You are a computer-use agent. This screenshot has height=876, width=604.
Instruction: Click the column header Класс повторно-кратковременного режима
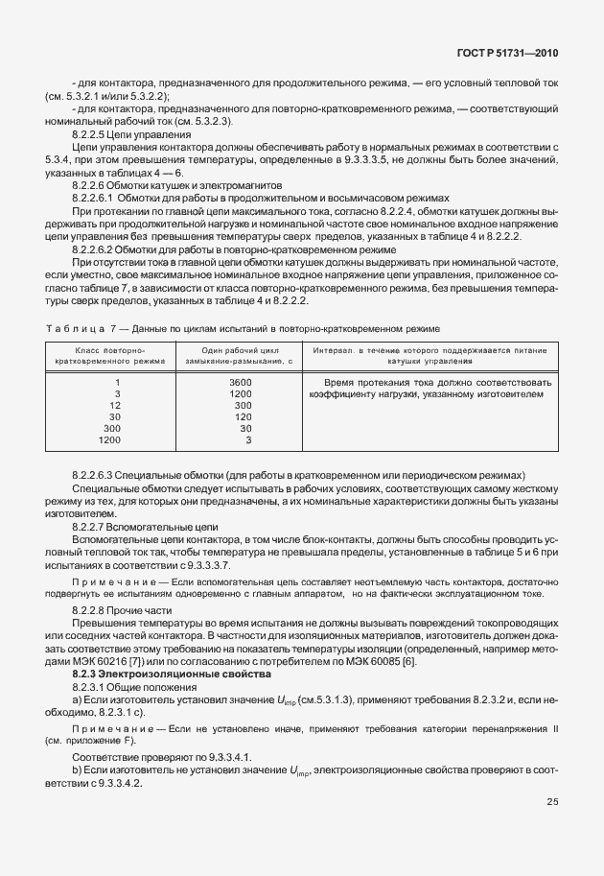coord(111,356)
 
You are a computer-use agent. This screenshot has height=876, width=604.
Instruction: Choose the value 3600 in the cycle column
coord(241,383)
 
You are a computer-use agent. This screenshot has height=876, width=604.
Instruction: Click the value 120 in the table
coord(243,417)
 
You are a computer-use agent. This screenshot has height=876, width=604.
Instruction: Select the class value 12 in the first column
coord(115,406)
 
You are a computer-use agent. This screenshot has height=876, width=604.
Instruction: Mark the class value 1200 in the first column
coord(110,440)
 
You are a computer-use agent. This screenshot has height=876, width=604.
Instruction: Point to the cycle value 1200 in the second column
coord(241,394)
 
